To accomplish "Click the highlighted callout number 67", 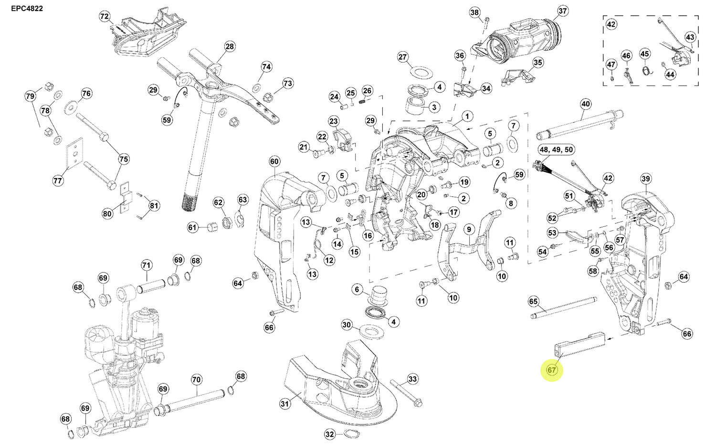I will click(x=552, y=370).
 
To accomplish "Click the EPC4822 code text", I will click(x=27, y=8).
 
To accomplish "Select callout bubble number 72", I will click(x=105, y=17).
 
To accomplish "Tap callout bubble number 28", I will click(x=230, y=46).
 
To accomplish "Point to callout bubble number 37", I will click(x=562, y=11).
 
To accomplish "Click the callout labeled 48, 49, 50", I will click(x=556, y=149).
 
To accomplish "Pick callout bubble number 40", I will click(x=586, y=104).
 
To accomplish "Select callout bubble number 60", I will click(x=274, y=161).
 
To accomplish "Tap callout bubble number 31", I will click(x=284, y=404).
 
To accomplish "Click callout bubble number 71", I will click(x=147, y=266).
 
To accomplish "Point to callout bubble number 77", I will click(x=58, y=181).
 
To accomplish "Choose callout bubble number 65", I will click(x=533, y=301).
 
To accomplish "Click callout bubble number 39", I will click(x=645, y=179).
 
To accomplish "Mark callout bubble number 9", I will click(x=469, y=230).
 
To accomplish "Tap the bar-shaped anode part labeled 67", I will click(x=580, y=344).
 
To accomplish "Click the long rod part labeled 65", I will click(x=563, y=308).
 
